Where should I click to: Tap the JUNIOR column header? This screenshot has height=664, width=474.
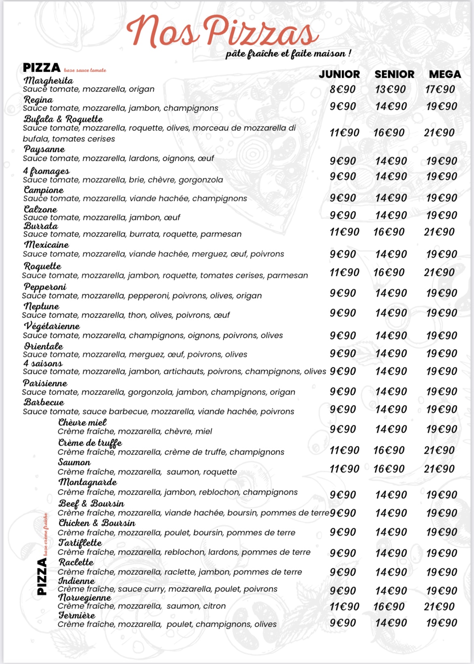pos(339,74)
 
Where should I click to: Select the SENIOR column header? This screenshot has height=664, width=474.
pos(394,74)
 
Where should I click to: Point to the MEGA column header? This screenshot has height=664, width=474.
pos(444,74)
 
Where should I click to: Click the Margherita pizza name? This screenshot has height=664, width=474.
pos(48,80)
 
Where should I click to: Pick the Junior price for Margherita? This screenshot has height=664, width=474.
pos(342,90)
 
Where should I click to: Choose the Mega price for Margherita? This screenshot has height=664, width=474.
pos(440,90)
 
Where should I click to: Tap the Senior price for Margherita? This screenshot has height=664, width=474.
pos(391,90)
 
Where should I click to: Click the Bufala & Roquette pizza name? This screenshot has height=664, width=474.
pos(63,119)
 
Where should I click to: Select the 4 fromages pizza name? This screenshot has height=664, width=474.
pos(46,171)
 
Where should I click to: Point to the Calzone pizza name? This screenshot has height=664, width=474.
pos(41,209)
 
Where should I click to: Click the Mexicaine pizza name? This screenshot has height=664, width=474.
pos(46,245)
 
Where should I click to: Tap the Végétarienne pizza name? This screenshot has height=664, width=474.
pos(51,326)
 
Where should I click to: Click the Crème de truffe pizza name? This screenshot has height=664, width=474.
pos(90,442)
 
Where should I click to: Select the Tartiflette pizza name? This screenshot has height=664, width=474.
pos(80,542)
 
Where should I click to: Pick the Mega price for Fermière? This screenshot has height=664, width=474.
pos(442,623)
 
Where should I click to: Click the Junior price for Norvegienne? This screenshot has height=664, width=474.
pos(344,606)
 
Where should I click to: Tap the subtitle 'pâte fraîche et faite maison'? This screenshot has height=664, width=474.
pos(288,53)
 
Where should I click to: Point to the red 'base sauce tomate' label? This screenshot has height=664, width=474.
pos(85,70)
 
